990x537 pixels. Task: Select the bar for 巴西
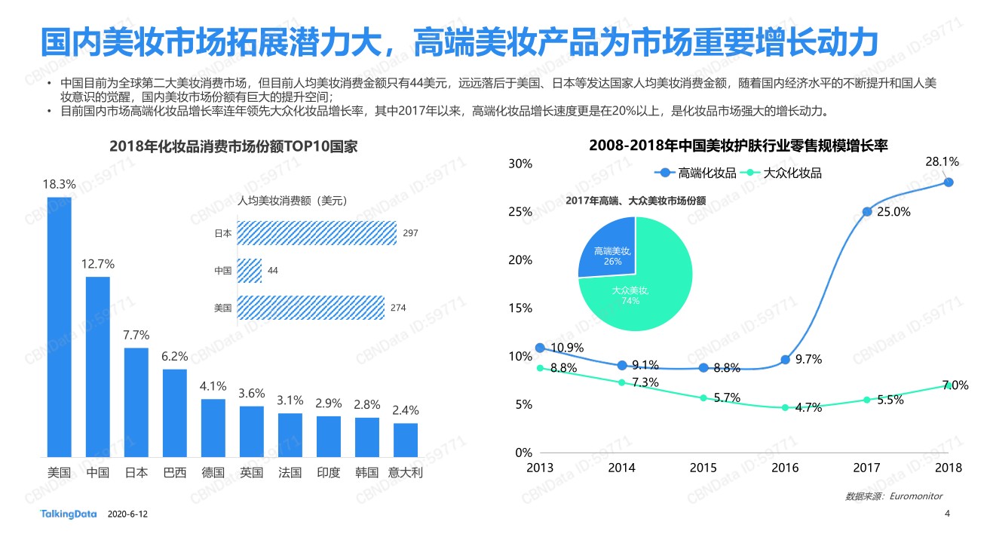175,413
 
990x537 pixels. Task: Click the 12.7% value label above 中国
98,264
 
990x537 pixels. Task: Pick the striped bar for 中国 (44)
250,270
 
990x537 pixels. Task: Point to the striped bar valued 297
317,233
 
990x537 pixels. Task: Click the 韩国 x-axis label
367,473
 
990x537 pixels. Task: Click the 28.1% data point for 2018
949,182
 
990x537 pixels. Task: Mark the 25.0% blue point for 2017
867,212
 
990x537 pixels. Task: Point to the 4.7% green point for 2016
785,407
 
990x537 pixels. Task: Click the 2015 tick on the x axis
703,468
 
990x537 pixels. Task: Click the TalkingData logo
69,514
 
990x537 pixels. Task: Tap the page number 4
947,514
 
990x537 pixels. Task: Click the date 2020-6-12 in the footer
128,514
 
